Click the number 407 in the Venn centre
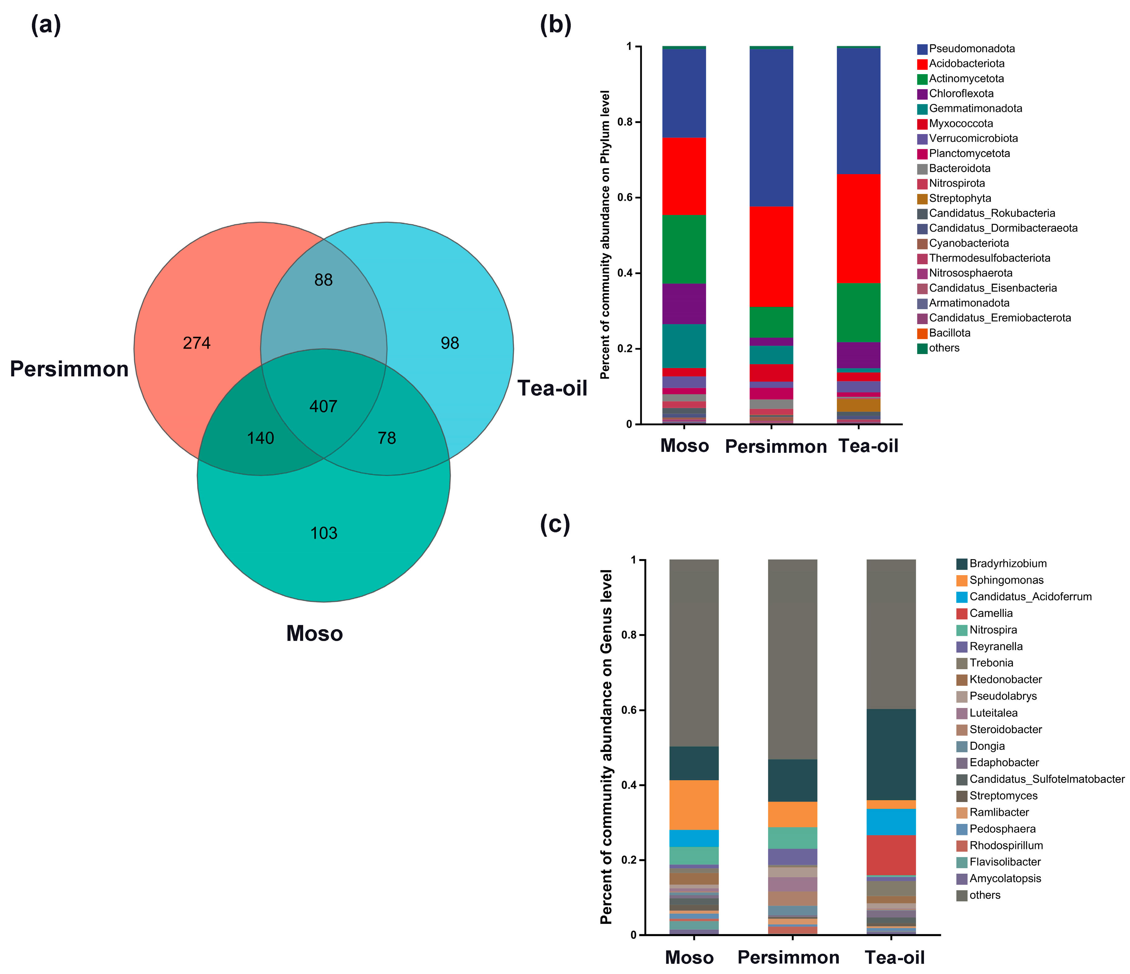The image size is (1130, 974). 323,406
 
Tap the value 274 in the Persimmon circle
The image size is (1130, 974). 196,343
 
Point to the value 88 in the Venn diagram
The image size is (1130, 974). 323,280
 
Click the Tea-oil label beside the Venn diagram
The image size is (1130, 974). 552,388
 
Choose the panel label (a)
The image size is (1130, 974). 46,25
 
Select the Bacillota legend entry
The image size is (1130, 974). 950,333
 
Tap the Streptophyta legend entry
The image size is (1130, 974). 960,198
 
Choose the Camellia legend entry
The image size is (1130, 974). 991,613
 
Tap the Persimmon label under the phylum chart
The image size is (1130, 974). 775,447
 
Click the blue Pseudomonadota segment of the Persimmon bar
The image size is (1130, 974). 771,128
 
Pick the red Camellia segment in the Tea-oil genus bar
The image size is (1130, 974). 891,855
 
